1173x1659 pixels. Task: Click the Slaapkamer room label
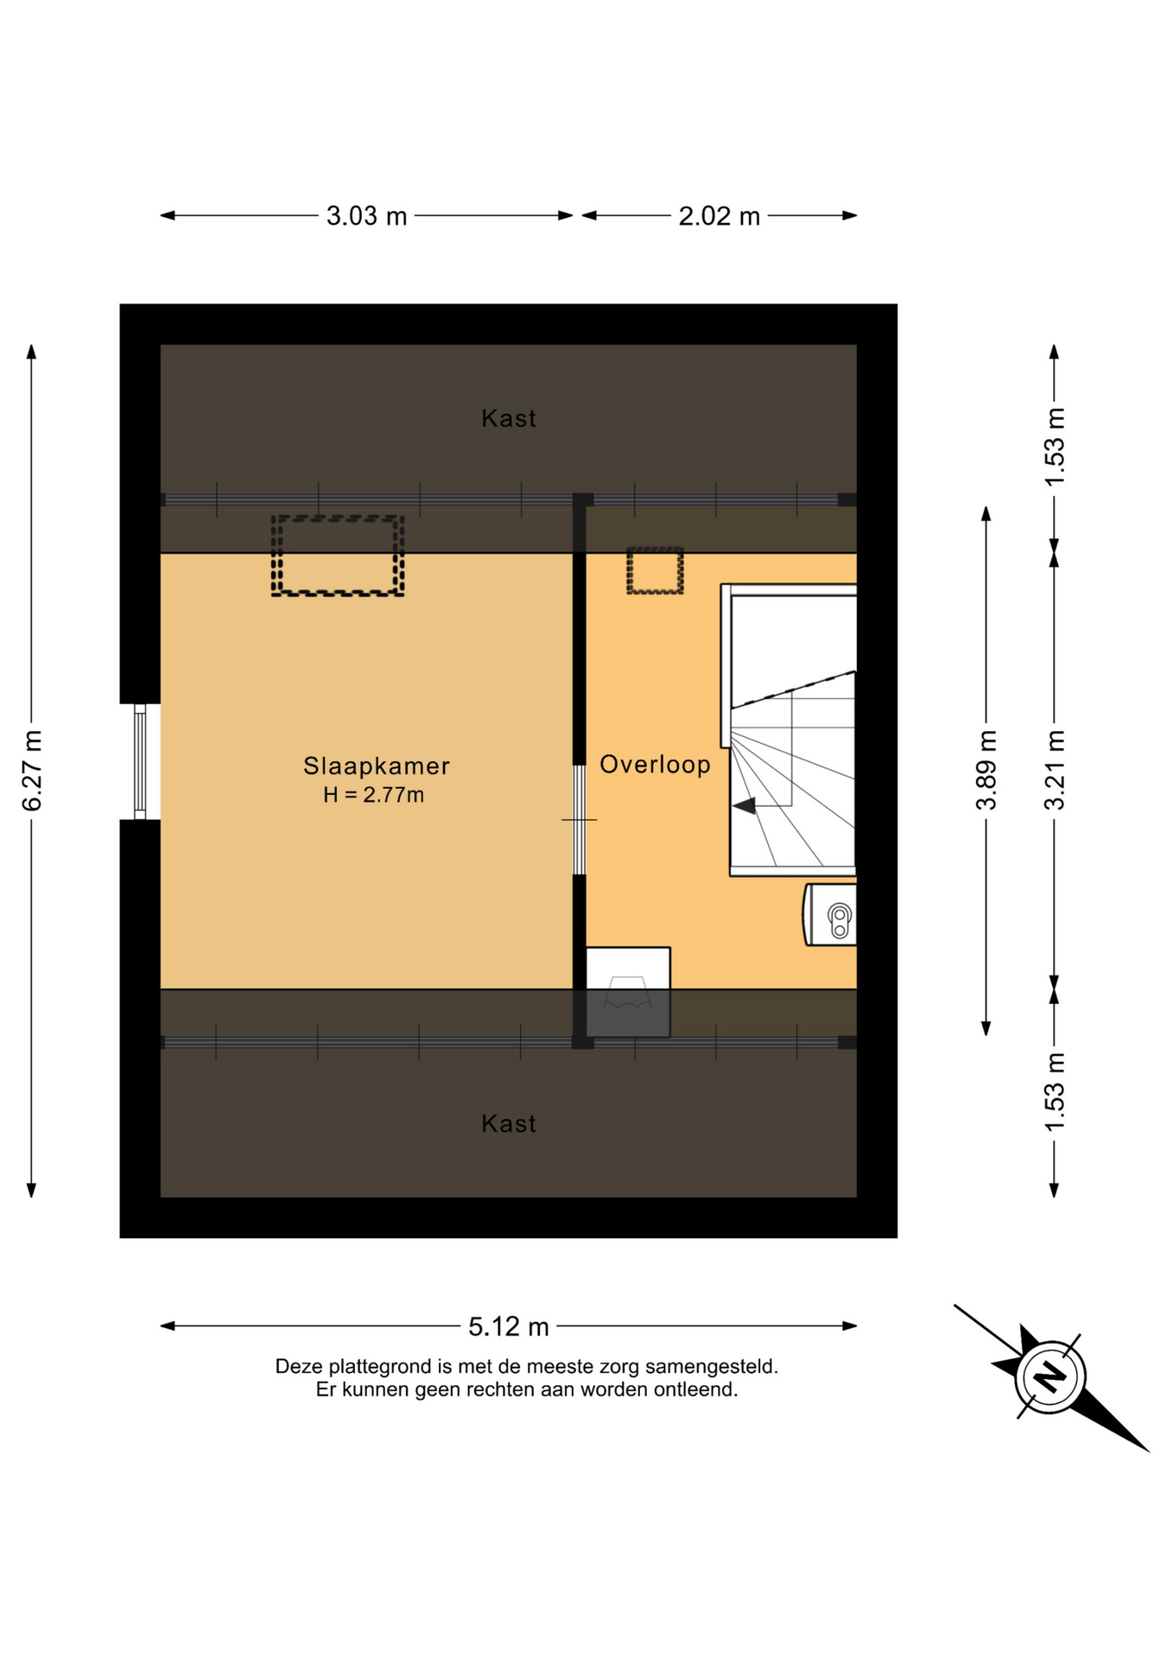(x=376, y=766)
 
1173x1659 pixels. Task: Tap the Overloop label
(x=655, y=765)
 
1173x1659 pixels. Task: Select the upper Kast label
(x=509, y=418)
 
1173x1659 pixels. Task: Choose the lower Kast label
(x=509, y=1123)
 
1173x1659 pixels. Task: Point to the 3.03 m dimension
(x=366, y=216)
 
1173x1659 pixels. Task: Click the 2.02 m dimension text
(x=719, y=216)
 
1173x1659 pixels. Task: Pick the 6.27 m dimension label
(x=32, y=771)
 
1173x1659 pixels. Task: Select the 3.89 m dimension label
(x=986, y=771)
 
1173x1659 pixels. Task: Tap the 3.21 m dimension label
(x=1055, y=771)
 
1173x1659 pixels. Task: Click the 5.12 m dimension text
(x=509, y=1326)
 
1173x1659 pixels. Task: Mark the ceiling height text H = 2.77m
(x=374, y=795)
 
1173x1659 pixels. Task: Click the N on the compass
(x=1049, y=1376)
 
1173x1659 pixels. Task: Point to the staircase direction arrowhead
(x=744, y=805)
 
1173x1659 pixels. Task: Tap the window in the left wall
(x=140, y=761)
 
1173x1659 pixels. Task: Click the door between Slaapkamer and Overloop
(x=580, y=819)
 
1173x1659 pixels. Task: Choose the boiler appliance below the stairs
(x=831, y=914)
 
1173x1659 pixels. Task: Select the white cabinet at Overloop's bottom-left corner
(x=628, y=992)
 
